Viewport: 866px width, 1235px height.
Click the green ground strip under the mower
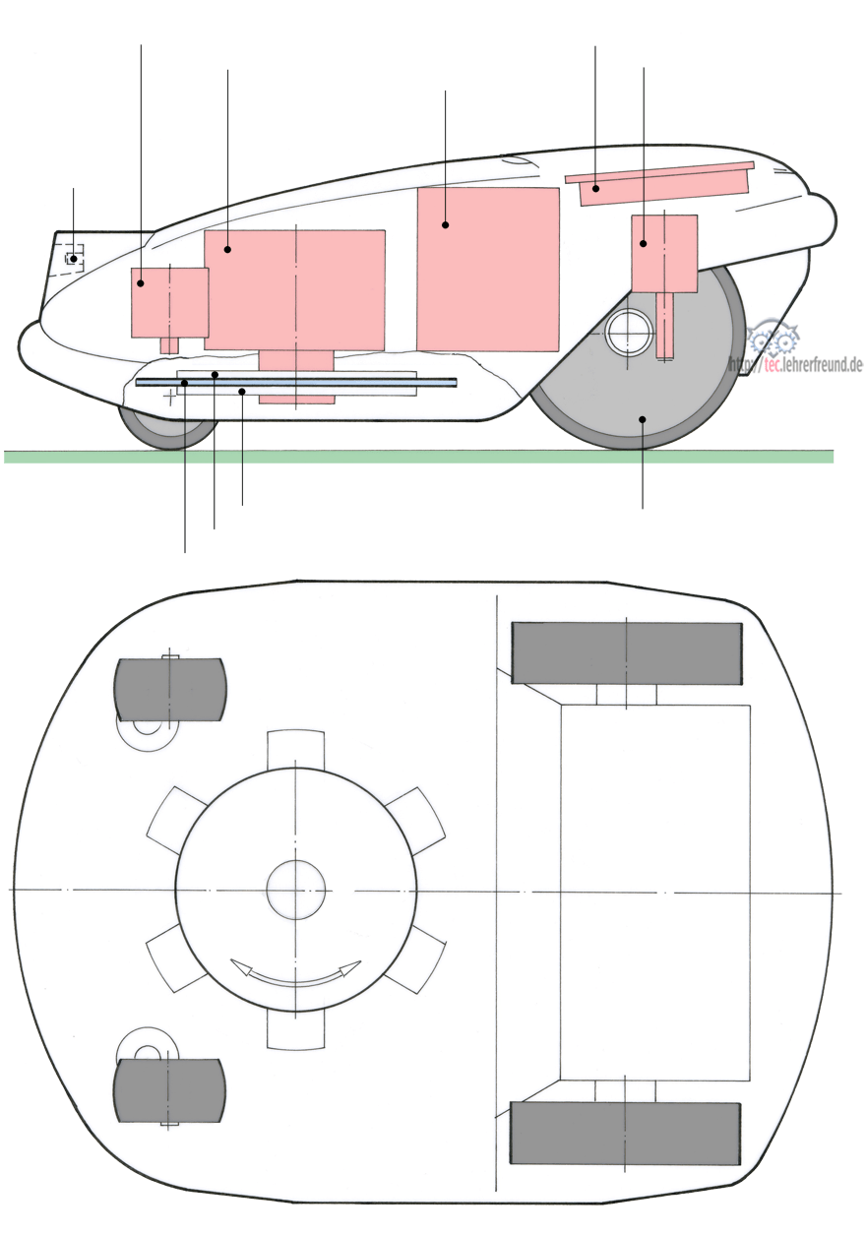[418, 456]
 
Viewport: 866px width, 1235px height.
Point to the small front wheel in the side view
[166, 427]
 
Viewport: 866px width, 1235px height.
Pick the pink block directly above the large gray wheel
[664, 254]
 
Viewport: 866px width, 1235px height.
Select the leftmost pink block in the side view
[169, 303]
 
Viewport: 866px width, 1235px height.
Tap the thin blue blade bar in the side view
[296, 382]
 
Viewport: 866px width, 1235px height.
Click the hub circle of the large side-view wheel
[629, 333]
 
